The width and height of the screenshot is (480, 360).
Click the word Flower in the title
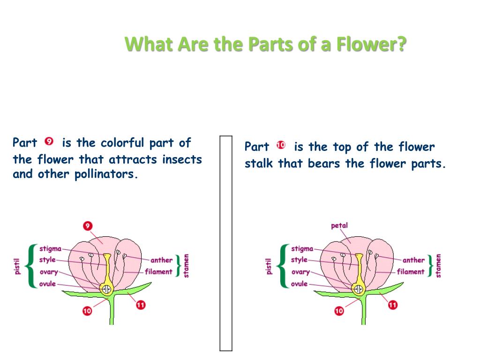[x=373, y=45]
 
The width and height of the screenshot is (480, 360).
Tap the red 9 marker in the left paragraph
[x=49, y=141]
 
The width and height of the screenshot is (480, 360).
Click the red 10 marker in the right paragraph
[x=281, y=145]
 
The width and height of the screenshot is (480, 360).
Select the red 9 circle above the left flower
[x=88, y=226]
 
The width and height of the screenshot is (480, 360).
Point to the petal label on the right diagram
[x=339, y=225]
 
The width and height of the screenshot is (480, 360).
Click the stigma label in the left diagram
[x=50, y=248]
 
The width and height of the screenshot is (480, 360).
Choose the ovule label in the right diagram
[x=299, y=284]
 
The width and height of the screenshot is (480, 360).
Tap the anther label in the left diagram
[x=161, y=260]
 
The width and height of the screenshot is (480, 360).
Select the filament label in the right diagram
[x=410, y=271]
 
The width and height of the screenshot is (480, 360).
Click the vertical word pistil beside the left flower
[x=17, y=266]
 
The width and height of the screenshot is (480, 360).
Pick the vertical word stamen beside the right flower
[x=438, y=266]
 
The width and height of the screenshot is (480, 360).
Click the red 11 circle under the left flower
[x=141, y=305]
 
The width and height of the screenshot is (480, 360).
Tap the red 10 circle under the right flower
[x=339, y=310]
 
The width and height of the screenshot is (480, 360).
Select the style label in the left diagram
[x=47, y=260]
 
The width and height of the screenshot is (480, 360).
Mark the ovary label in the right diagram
[x=300, y=272]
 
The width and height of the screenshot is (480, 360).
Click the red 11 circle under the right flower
[x=393, y=305]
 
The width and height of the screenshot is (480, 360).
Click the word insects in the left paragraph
[x=182, y=159]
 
